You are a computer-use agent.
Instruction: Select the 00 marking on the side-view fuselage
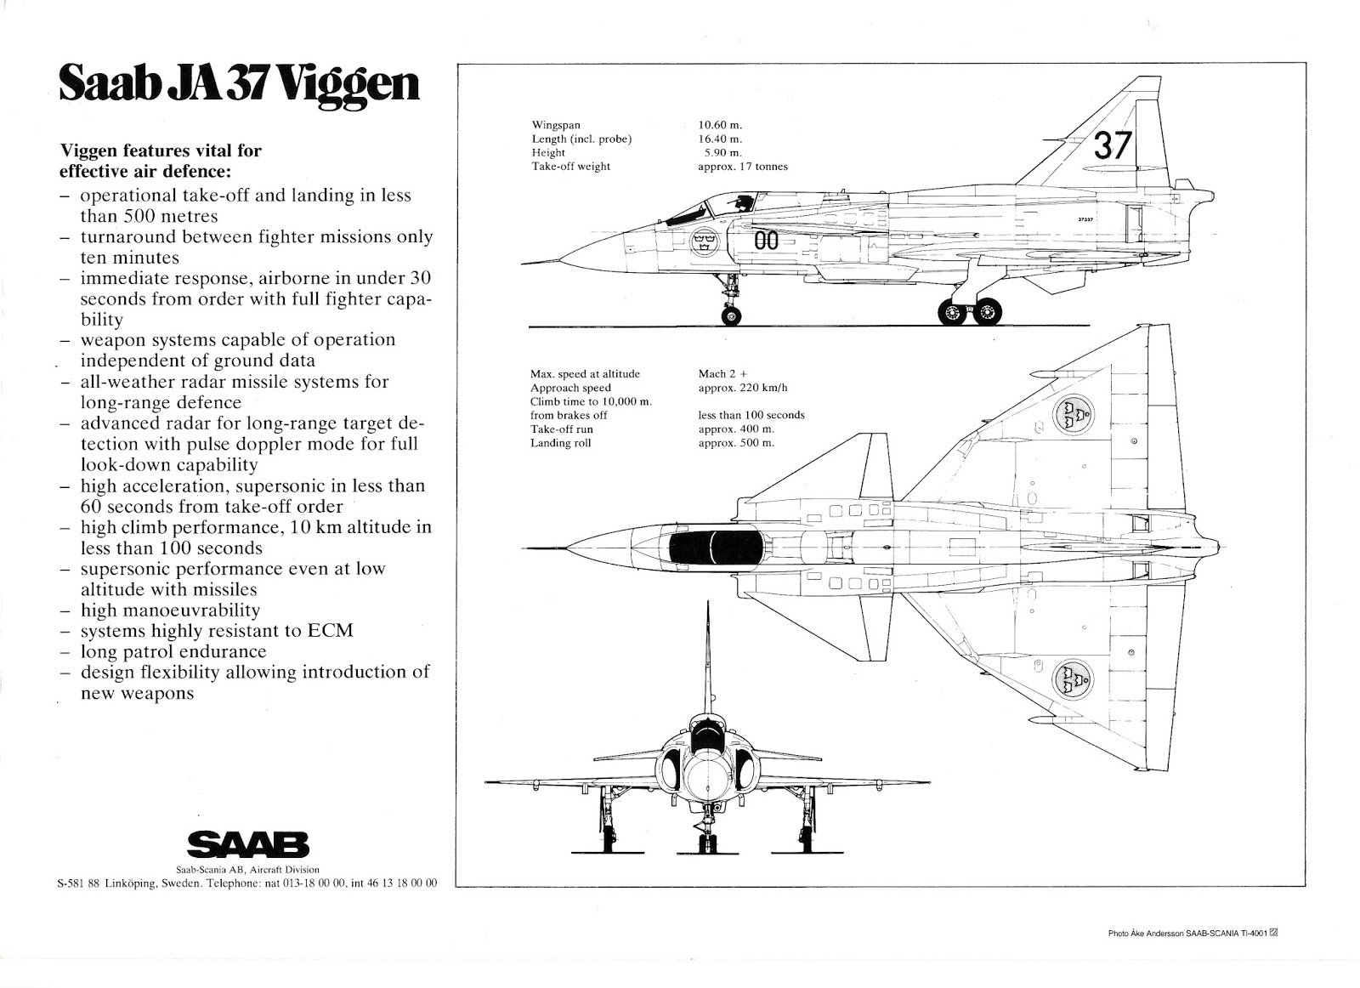point(766,241)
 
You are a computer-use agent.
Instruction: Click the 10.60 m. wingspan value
point(720,125)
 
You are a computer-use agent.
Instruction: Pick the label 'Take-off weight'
point(570,167)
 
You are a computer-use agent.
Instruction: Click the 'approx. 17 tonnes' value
point(742,167)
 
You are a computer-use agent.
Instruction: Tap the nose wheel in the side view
point(730,315)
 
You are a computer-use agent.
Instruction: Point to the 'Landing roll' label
point(560,443)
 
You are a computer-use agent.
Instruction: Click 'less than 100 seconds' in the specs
point(751,415)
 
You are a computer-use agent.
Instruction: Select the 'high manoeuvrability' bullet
point(170,610)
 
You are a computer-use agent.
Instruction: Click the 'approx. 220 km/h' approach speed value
point(743,388)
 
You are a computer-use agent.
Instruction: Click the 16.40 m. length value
point(720,139)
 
